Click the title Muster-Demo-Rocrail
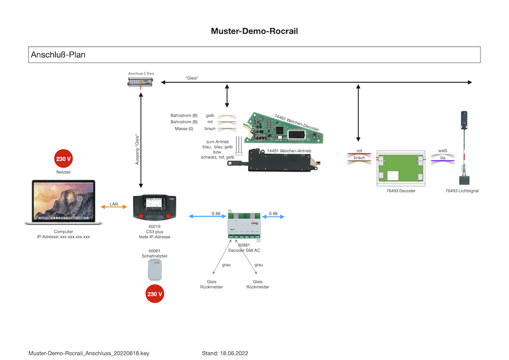(x=254, y=31)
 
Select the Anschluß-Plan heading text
(x=59, y=55)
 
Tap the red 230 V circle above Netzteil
(x=63, y=159)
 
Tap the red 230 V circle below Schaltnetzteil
(x=154, y=294)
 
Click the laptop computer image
(x=63, y=203)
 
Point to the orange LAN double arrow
(x=114, y=207)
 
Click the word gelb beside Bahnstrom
(x=210, y=116)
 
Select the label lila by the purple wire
(x=442, y=156)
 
